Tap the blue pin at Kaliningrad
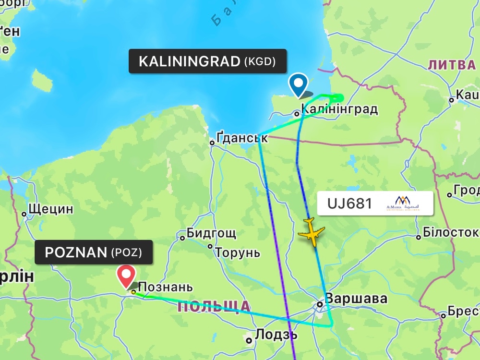(x=299, y=84)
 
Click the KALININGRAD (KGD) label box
(x=207, y=61)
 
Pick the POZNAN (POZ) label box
(x=94, y=252)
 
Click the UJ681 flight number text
(x=350, y=204)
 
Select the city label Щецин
(x=51, y=209)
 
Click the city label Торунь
(x=238, y=252)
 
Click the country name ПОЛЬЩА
(x=214, y=307)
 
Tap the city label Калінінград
(x=339, y=109)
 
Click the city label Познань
(x=166, y=288)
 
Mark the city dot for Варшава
(x=320, y=304)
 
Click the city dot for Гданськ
(x=212, y=142)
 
